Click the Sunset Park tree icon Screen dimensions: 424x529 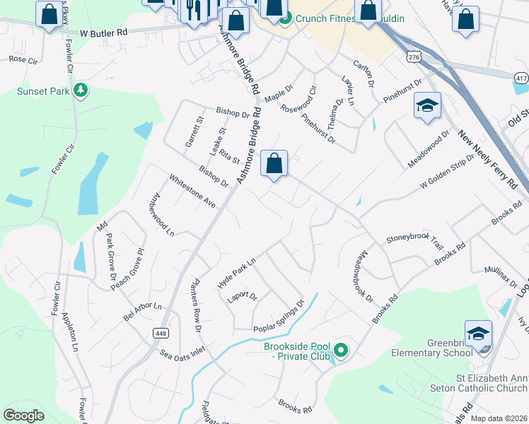pyautogui.click(x=81, y=90)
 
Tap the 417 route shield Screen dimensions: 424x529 pyautogui.click(x=521, y=77)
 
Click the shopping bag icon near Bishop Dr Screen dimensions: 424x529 pyautogui.click(x=274, y=164)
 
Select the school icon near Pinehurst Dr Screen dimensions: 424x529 pyautogui.click(x=427, y=106)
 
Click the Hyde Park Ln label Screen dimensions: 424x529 pyautogui.click(x=236, y=271)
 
